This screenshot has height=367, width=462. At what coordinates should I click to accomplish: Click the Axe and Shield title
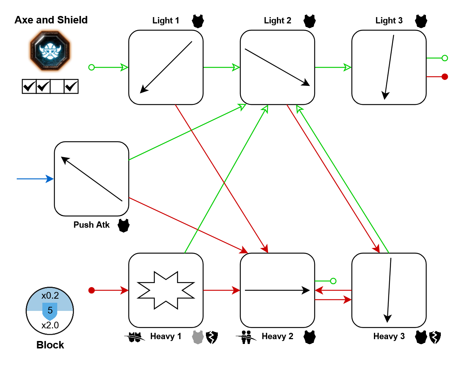[x=51, y=20]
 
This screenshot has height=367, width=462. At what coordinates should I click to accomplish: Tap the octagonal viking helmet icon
[x=50, y=51]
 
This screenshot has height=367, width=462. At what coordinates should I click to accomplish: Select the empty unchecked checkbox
[x=57, y=87]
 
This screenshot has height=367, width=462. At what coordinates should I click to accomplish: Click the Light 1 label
[x=166, y=21]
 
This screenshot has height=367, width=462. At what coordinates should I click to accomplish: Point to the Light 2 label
[x=278, y=21]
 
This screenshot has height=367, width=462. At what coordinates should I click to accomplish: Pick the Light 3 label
[x=389, y=21]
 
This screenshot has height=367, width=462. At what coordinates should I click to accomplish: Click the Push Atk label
[x=91, y=225]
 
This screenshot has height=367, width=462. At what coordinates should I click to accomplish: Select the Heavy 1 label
[x=166, y=337]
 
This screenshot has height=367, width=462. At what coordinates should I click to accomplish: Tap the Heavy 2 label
[x=277, y=337]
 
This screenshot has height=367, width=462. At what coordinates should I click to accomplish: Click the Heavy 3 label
[x=389, y=337]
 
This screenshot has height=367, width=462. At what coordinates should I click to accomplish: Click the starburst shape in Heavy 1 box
[x=166, y=290]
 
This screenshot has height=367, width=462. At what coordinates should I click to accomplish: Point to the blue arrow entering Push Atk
[x=35, y=179]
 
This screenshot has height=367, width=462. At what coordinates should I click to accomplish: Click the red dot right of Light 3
[x=445, y=77]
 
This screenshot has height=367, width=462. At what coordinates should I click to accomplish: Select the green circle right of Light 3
[x=445, y=58]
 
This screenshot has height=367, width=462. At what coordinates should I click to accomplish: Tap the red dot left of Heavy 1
[x=92, y=290]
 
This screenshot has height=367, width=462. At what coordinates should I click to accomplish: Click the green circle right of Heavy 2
[x=333, y=281]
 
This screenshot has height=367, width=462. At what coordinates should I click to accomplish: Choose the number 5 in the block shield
[x=50, y=311]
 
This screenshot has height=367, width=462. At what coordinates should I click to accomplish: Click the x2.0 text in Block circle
[x=50, y=325]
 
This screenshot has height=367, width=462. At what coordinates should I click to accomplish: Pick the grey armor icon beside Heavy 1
[x=198, y=337]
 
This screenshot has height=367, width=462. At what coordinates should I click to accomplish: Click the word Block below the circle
[x=50, y=345]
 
